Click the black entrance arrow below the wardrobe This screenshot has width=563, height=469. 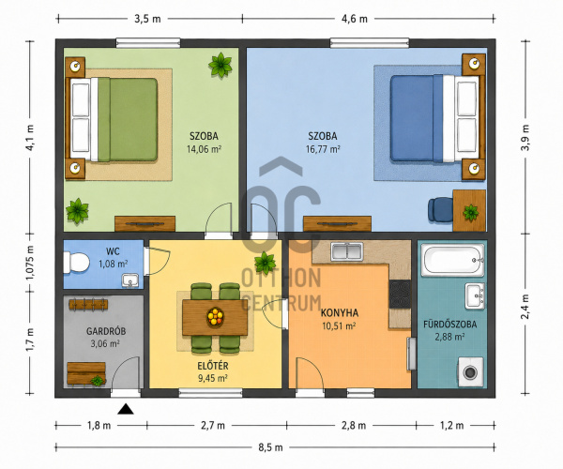coord(126,409)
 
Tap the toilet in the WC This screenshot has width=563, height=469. coord(77,263)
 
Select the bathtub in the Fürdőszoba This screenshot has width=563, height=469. coord(452,260)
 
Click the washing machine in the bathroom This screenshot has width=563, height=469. coord(470,371)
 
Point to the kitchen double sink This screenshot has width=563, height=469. coord(347,251)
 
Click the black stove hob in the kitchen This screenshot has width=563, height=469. coord(400,294)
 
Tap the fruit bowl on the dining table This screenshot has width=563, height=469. coord(215,317)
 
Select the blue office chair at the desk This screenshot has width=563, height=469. coord(441,209)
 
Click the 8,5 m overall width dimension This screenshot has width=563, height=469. coord(270,447)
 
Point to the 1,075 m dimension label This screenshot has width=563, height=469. coord(30,263)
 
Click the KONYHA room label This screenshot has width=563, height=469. coord(340,313)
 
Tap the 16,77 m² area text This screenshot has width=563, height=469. coord(323,149)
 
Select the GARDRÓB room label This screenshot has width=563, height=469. coord(105,331)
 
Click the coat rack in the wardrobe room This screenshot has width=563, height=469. coord(88,305)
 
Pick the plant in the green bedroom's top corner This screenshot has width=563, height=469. coord(221,65)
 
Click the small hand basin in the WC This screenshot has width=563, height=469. coord(130,280)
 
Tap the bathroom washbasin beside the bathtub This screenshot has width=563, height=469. coord(475,296)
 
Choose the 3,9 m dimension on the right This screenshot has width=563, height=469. coord(525,138)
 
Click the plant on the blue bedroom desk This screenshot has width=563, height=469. coord(470,212)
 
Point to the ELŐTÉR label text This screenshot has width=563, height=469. coord(213,366)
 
